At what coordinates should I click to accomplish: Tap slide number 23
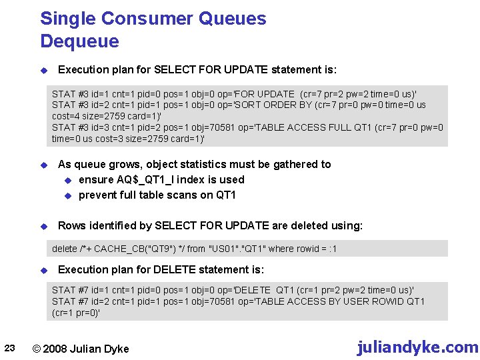pos(9,347)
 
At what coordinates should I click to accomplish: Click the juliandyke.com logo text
pos(417,347)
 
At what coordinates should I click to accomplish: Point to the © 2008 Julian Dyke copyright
pos(81,349)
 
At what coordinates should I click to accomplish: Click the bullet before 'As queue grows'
pos(43,165)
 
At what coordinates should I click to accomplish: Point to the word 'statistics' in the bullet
pos(201,164)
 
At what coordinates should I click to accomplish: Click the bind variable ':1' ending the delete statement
pos(332,249)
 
